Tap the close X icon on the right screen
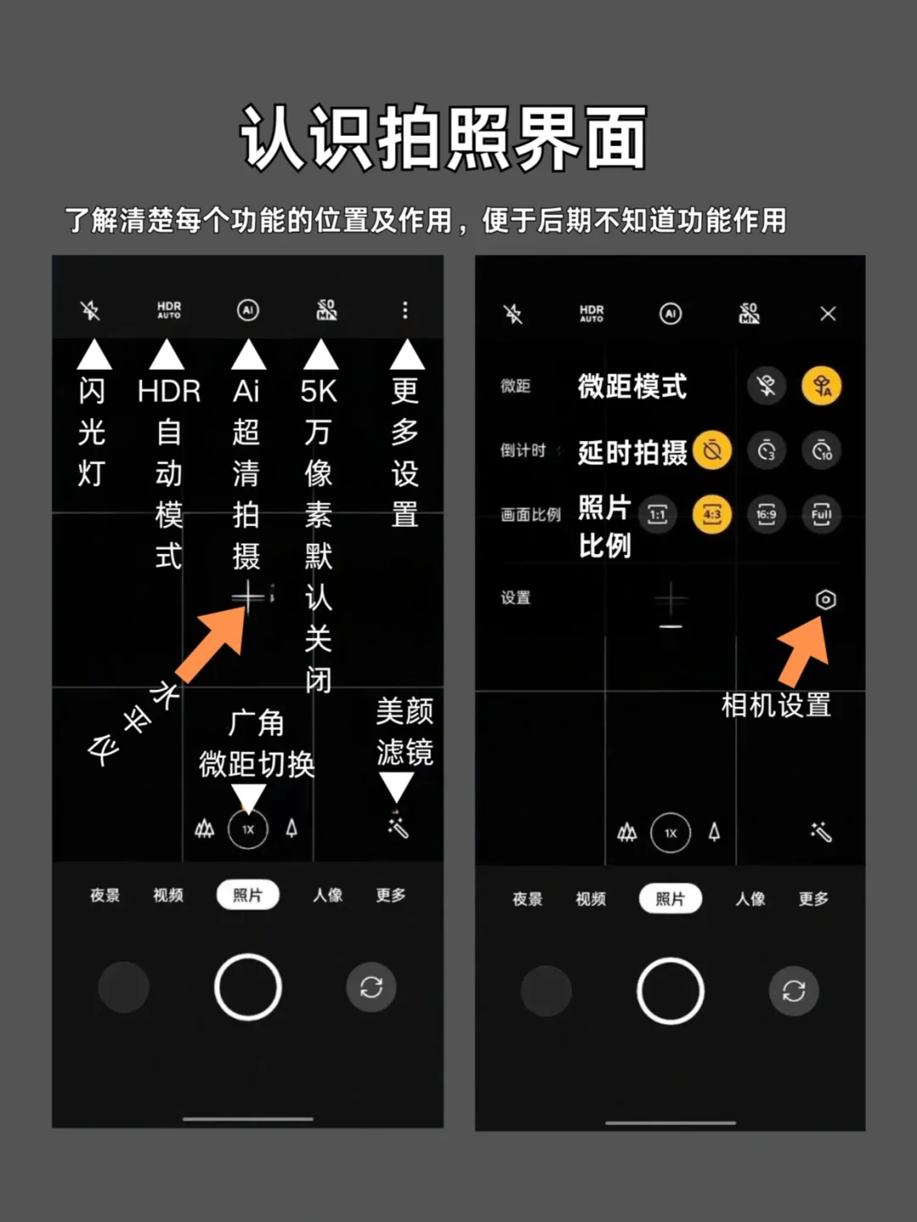[828, 314]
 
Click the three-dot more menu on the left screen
[405, 310]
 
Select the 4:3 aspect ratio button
[712, 514]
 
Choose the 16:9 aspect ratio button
[767, 514]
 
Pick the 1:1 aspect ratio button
[657, 514]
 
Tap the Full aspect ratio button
[821, 514]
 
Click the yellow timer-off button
[712, 450]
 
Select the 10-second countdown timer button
[821, 450]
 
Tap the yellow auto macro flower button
[821, 386]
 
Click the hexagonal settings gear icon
[825, 600]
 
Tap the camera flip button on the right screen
[793, 991]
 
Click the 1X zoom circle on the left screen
[248, 829]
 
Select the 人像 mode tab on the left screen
[328, 894]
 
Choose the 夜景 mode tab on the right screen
[527, 899]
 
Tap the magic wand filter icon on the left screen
[398, 828]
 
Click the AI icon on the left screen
[248, 310]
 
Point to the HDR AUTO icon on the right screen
[591, 313]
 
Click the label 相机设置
[776, 705]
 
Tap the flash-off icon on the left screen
[90, 310]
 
